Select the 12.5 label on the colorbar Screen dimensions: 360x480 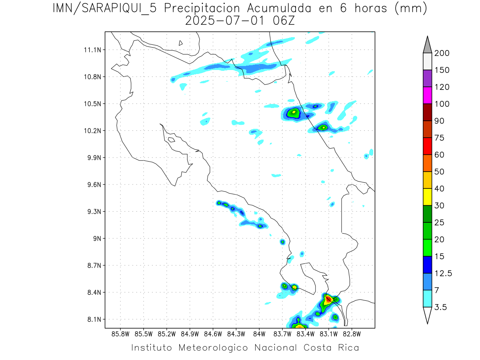point(443,274)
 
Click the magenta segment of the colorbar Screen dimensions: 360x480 point(427,96)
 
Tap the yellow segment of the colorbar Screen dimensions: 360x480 point(427,197)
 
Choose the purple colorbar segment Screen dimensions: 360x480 point(427,79)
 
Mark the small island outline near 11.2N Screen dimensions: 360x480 point(181,43)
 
